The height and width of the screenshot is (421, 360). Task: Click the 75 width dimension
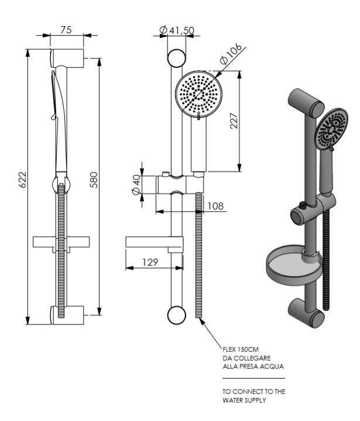pos(66,30)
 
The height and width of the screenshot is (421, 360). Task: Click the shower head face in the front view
pos(200,94)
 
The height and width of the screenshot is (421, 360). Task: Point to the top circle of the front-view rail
pos(176,57)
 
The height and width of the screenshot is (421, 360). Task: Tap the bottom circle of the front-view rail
pos(176,314)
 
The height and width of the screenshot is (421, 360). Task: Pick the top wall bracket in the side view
pos(69,59)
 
